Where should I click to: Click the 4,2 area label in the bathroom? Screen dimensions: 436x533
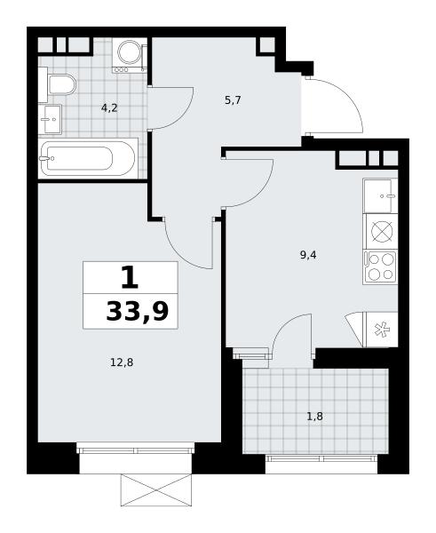[x=109, y=108]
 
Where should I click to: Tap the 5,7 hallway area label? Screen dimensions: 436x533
[x=233, y=100]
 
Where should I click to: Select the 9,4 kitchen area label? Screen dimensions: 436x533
[x=308, y=255]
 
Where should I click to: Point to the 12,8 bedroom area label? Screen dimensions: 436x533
[x=122, y=362]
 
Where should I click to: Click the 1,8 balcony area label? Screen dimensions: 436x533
[x=315, y=416]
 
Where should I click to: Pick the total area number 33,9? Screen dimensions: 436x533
[x=138, y=312]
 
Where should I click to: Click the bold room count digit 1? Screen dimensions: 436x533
[x=130, y=277]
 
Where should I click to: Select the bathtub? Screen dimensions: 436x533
[x=88, y=158]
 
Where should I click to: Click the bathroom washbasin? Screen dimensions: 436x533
[x=50, y=119]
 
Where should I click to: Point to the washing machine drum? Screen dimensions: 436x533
[x=129, y=52]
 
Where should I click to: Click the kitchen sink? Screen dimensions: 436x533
[x=380, y=195]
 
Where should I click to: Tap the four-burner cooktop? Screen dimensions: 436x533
[x=380, y=267]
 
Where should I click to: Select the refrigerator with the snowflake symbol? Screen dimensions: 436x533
[x=380, y=330]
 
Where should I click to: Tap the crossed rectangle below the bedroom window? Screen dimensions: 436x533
[x=156, y=489]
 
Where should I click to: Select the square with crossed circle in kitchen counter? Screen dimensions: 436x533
[x=382, y=232]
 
